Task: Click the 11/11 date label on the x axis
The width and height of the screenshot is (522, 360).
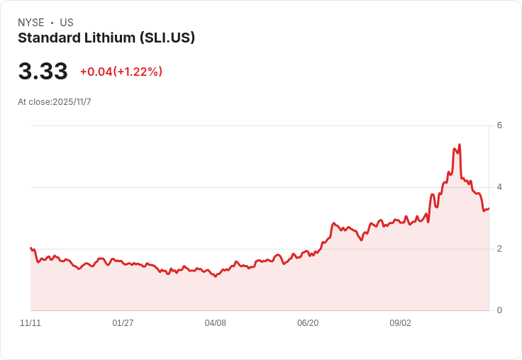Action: pyautogui.click(x=30, y=323)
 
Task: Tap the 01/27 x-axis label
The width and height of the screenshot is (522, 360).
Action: pyautogui.click(x=123, y=323)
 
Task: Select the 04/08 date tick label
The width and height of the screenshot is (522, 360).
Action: pyautogui.click(x=216, y=323)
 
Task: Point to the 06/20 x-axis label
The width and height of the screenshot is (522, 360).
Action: pyautogui.click(x=308, y=323)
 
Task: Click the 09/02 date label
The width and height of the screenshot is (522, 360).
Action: pyautogui.click(x=401, y=323)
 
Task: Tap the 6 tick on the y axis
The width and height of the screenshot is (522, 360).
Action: pyautogui.click(x=499, y=125)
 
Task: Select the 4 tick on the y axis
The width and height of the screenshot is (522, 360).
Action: pyautogui.click(x=499, y=187)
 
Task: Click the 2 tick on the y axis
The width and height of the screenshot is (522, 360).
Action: pyautogui.click(x=499, y=249)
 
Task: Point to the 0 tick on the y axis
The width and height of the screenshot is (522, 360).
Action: pyautogui.click(x=499, y=310)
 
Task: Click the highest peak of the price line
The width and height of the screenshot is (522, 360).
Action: pyautogui.click(x=460, y=145)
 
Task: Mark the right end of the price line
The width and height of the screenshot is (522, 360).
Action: pyautogui.click(x=489, y=208)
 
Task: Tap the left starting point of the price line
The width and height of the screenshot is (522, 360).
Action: pyautogui.click(x=30, y=248)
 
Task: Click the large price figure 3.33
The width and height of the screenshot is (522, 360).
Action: pyautogui.click(x=43, y=71)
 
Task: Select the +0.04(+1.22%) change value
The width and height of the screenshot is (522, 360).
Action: pyautogui.click(x=121, y=72)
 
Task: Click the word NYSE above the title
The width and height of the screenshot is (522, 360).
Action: pyautogui.click(x=31, y=23)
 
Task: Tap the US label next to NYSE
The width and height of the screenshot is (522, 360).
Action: pyautogui.click(x=67, y=23)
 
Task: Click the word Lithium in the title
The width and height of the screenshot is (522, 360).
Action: pyautogui.click(x=110, y=38)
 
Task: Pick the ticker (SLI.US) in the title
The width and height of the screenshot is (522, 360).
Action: pyautogui.click(x=167, y=38)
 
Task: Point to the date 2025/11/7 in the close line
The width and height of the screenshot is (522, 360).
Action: pyautogui.click(x=72, y=102)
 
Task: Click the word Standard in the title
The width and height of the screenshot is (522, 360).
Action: pyautogui.click(x=50, y=38)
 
